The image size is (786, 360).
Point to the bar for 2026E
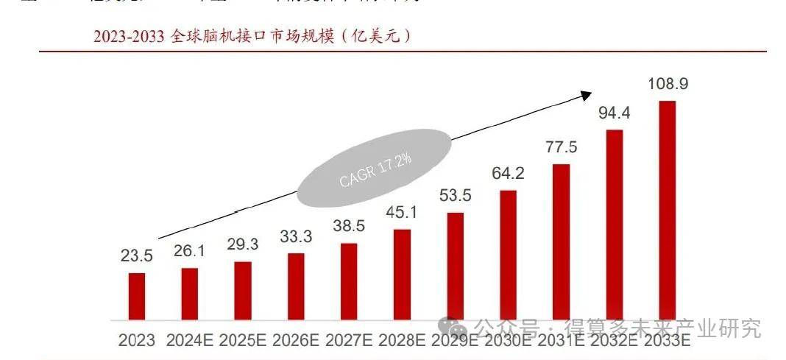295,286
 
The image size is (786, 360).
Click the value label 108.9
668,84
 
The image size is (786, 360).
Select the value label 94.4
614,113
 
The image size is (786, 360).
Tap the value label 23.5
136,256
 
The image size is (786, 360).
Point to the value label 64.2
508,173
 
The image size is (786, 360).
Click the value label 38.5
349,227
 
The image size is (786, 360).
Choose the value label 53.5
455,196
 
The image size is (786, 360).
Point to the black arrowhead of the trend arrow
586,95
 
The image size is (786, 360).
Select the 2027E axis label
349,340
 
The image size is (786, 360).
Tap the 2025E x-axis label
243,340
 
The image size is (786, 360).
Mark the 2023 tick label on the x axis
136,340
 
